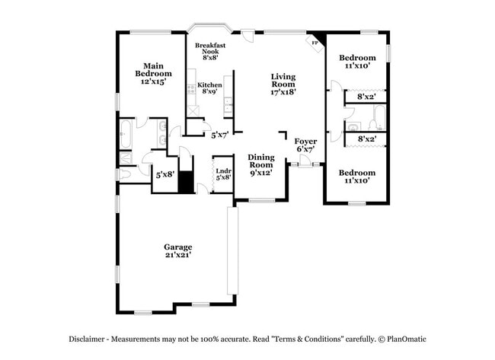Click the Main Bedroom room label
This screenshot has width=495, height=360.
tap(150, 70)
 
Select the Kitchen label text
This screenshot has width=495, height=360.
tap(209, 84)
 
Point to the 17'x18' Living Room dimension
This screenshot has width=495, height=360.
tap(283, 91)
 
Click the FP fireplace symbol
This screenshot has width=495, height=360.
tap(315, 43)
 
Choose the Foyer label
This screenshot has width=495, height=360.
tap(305, 142)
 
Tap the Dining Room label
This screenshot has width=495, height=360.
tap(260, 161)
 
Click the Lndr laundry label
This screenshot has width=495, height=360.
tap(222, 171)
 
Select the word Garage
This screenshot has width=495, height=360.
tap(178, 247)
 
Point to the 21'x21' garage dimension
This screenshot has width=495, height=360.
tap(178, 255)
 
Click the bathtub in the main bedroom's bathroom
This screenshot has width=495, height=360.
tap(126, 134)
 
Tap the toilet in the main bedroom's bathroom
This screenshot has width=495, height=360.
tap(126, 174)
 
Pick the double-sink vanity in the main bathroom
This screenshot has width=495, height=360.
tap(162, 133)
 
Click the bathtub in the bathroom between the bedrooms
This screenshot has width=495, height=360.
tap(377, 118)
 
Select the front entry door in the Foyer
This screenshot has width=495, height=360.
tap(305, 162)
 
